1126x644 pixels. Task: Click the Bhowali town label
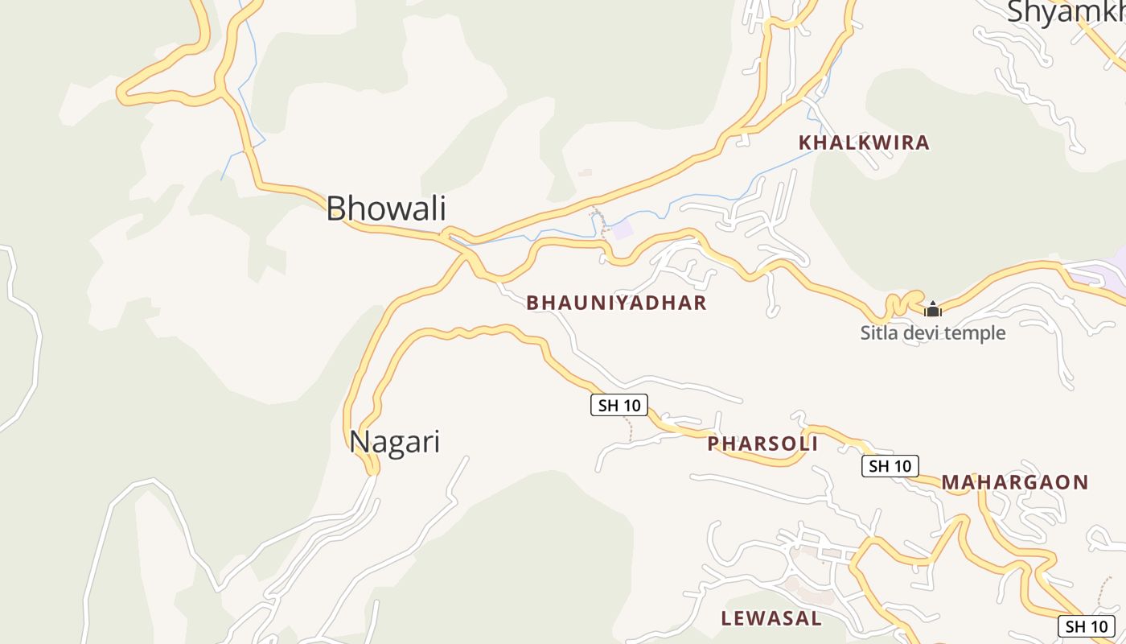[x=385, y=208]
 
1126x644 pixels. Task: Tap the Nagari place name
[x=394, y=443]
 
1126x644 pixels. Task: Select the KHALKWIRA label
[x=863, y=143]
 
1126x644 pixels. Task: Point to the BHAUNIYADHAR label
[x=616, y=303]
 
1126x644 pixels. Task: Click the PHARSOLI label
[x=762, y=444]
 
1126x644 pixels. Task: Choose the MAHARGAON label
[x=1014, y=482]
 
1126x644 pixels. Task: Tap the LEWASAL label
[x=771, y=618]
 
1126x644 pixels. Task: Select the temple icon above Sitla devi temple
[x=932, y=309]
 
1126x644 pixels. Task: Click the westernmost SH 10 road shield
[x=618, y=405]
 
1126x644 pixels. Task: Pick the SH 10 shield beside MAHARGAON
[x=890, y=466]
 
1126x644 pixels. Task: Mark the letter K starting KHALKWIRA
[x=804, y=143]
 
